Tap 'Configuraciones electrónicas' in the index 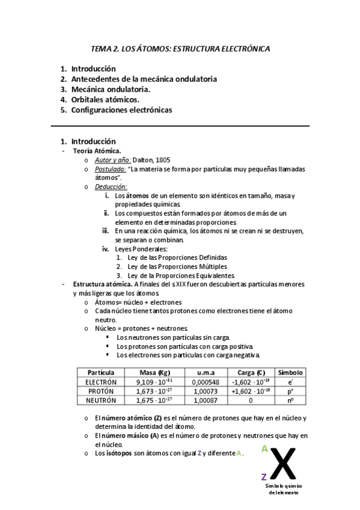121,110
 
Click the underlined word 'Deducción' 111,187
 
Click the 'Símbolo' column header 290,372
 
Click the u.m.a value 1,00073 206,391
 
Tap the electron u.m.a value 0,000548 206,382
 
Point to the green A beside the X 264,449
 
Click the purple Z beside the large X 264,477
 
